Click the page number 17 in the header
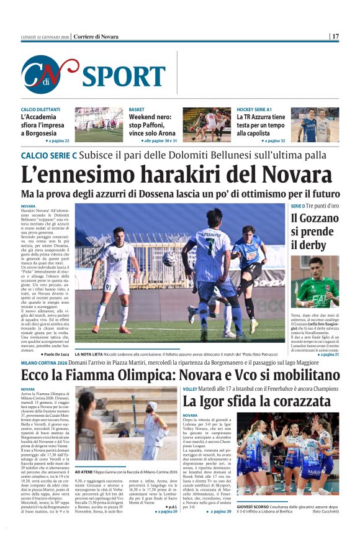(x=335, y=37)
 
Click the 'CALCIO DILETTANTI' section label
(x=41, y=109)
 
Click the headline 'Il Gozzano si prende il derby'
(x=314, y=231)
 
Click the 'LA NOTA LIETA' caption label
(x=91, y=353)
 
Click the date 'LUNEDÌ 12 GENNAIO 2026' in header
(x=43, y=37)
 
